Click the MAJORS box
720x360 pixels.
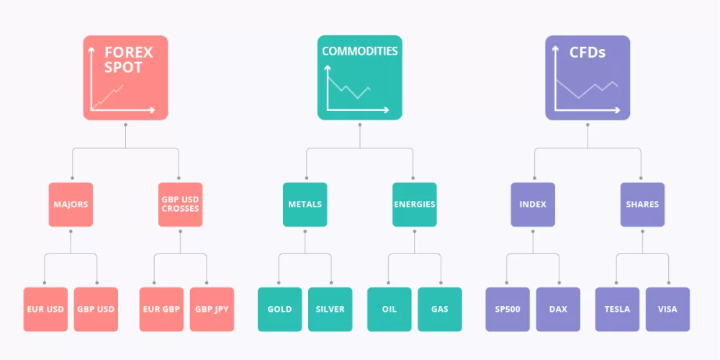click(71, 204)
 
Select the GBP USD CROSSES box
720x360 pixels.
click(181, 204)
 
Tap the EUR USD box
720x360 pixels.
click(45, 309)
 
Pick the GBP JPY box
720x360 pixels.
click(212, 309)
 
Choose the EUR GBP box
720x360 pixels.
click(161, 309)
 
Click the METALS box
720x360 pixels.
click(305, 204)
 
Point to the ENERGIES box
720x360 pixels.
click(415, 204)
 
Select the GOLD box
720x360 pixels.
click(279, 309)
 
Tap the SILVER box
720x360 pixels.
click(330, 309)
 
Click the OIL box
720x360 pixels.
click(390, 309)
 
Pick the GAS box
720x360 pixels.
click(440, 309)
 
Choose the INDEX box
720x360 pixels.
click(533, 204)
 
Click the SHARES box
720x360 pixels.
click(642, 204)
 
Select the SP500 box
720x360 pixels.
click(508, 309)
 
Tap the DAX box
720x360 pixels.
click(558, 309)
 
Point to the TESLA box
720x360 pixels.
click(617, 309)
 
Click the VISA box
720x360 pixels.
click(667, 309)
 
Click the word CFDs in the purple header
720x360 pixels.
click(588, 53)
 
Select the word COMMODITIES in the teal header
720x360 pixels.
click(359, 51)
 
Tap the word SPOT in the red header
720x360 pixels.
click(123, 68)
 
